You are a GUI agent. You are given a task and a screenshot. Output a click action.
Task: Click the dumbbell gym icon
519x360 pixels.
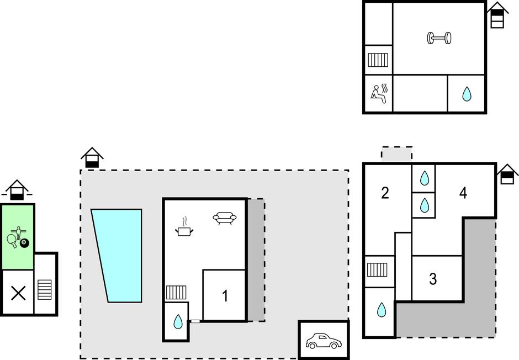439,38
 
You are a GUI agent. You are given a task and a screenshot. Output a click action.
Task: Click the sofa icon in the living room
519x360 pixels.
225,218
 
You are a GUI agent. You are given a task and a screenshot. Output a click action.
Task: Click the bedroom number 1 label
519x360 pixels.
225,296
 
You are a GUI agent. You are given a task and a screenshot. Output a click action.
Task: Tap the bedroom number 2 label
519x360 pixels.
385,193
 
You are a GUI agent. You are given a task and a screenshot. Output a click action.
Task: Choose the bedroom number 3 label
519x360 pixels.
433,279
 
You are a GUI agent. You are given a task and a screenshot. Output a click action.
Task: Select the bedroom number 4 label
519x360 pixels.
463,193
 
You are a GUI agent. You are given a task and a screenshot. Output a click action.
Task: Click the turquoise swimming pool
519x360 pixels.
119,256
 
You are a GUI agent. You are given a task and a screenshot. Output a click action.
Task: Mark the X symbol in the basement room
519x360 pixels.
19,293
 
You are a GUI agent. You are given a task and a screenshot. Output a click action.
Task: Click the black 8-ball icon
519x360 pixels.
24,243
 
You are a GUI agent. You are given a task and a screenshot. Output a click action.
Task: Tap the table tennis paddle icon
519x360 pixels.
12,241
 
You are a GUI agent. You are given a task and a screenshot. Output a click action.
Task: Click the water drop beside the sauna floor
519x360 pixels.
467,94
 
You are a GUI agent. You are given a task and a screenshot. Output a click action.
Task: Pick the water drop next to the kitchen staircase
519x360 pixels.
178,321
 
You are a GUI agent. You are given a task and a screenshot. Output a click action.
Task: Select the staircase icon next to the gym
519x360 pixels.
378,60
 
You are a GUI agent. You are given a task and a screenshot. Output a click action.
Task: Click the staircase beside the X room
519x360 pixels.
44,289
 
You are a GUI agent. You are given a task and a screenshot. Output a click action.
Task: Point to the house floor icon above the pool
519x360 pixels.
92,157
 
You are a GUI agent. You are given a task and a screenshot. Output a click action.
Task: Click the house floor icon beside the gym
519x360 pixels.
497,15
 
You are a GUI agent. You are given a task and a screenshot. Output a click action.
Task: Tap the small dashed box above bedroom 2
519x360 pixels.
397,153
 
